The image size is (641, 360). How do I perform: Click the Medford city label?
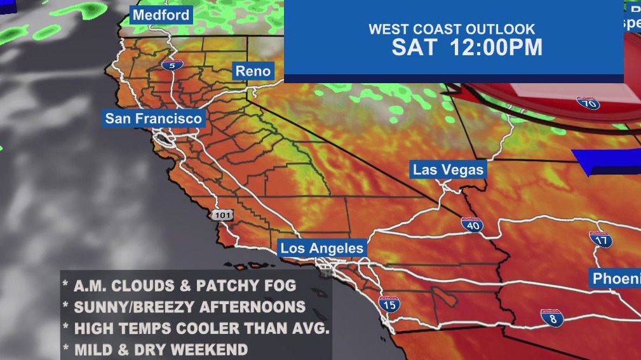tap(161, 15)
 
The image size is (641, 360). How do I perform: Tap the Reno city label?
tap(253, 71)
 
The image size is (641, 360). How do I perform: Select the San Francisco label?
tap(154, 119)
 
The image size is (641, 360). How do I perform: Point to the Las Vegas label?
tap(449, 170)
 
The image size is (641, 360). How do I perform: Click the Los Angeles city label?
tap(322, 248)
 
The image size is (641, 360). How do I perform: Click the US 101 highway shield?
tap(222, 215)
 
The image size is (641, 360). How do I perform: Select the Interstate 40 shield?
tap(472, 225)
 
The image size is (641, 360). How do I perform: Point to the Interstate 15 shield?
tap(389, 305)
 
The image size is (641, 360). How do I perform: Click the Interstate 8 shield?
tap(552, 318)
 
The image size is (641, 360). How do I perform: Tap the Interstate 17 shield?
tap(600, 239)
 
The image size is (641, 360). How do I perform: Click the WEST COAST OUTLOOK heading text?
tap(452, 29)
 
